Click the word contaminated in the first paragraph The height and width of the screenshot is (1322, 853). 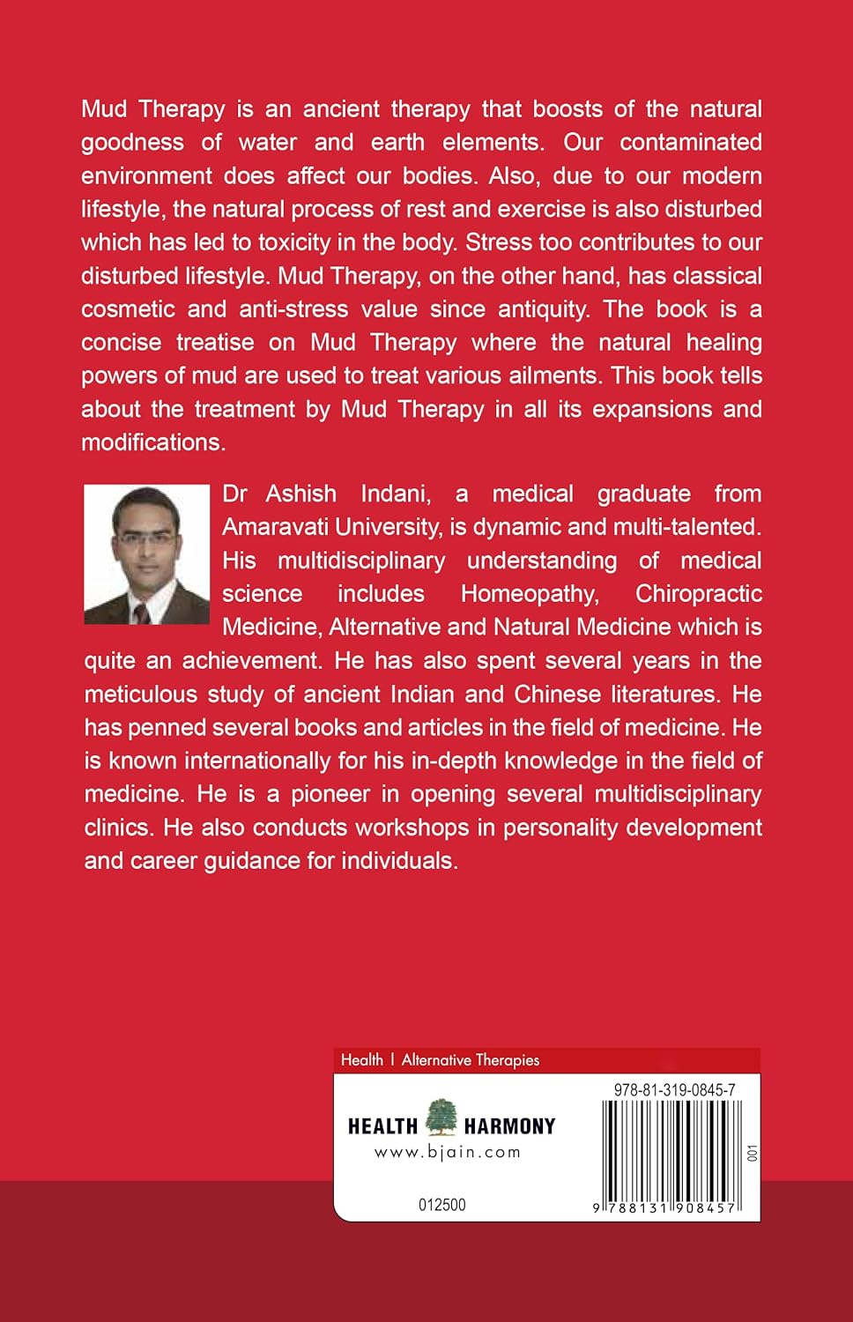pos(691,142)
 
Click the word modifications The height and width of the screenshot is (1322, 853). pos(152,442)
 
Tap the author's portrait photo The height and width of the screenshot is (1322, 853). pos(146,554)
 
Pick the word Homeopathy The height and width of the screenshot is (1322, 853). pos(530,594)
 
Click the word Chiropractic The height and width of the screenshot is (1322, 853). pos(698,594)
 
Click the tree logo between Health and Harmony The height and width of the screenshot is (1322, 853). pos(441,1117)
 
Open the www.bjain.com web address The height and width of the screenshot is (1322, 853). pos(448,1152)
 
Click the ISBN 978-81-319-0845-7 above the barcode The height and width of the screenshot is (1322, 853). pos(674,1090)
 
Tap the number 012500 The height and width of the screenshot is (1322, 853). pos(441,1205)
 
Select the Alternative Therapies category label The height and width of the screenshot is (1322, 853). pos(471,1060)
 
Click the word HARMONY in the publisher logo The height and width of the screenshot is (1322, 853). pos(509,1126)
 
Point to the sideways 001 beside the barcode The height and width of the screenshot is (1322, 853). pos(751,1153)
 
